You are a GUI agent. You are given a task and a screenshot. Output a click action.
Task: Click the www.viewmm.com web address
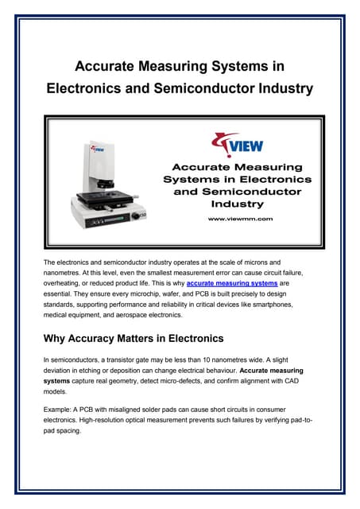coord(239,218)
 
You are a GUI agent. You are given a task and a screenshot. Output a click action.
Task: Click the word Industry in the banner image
coord(238,204)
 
